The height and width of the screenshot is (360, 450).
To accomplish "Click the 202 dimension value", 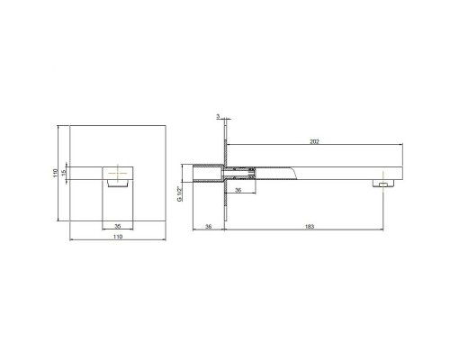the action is (314, 141).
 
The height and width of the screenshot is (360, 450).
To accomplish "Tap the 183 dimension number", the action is (310, 227).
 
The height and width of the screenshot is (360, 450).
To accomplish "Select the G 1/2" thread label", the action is (180, 193).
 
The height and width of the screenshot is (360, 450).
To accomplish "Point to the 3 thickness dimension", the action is (218, 116).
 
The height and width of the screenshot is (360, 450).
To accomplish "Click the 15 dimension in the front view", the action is (63, 173).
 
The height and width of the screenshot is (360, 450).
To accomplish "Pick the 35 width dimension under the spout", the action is (118, 226).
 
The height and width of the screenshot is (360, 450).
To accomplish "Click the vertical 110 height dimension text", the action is (55, 173).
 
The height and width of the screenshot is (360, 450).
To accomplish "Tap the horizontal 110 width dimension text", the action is (118, 237).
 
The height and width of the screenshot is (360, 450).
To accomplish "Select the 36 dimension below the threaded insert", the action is (238, 190).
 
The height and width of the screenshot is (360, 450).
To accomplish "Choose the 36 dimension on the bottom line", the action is (208, 227).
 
